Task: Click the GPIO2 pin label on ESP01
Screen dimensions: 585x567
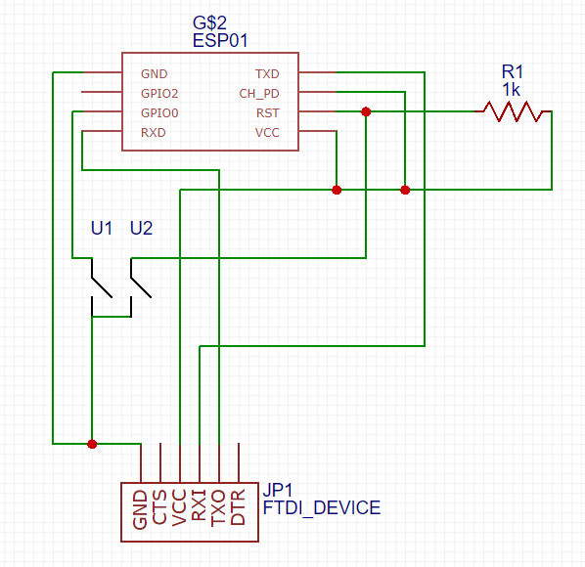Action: point(159,93)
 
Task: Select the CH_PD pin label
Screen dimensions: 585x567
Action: point(259,94)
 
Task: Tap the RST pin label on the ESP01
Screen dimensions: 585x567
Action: point(267,113)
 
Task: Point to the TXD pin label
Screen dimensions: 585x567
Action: point(267,74)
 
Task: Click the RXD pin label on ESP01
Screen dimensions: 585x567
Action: point(154,132)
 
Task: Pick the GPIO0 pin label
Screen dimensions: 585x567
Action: point(159,113)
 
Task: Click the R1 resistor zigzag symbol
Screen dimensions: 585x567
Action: point(513,111)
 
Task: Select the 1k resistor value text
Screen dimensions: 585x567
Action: point(511,90)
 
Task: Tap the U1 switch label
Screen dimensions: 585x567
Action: point(102,228)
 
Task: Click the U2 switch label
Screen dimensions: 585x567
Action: point(142,228)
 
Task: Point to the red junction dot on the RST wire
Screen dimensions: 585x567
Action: point(366,111)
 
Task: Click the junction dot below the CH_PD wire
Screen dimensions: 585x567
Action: point(405,190)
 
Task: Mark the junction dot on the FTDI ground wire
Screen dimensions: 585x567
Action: point(92,444)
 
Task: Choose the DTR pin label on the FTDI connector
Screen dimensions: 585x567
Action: point(238,507)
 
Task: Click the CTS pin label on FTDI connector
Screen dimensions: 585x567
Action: point(159,507)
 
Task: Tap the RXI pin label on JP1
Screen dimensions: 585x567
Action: point(199,505)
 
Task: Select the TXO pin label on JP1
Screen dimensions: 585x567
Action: point(218,507)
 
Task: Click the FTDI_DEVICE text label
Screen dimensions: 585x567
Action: point(322,507)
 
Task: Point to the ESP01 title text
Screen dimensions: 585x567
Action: point(220,41)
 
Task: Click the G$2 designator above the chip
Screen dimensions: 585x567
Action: point(209,23)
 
